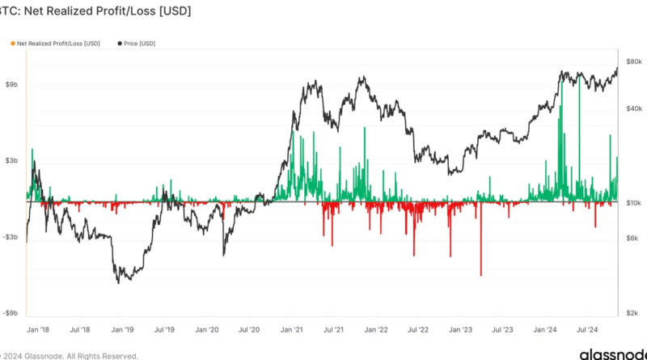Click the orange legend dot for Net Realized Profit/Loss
[x=12, y=42]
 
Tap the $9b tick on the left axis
[x=12, y=84]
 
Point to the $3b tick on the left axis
[x=12, y=161]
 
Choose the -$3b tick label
[x=11, y=237]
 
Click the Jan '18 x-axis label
[x=37, y=330]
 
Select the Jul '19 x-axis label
[x=164, y=330]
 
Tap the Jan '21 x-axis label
[x=291, y=330]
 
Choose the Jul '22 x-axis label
[x=418, y=330]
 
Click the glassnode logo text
[x=611, y=354]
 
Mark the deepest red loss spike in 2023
[x=480, y=274]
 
